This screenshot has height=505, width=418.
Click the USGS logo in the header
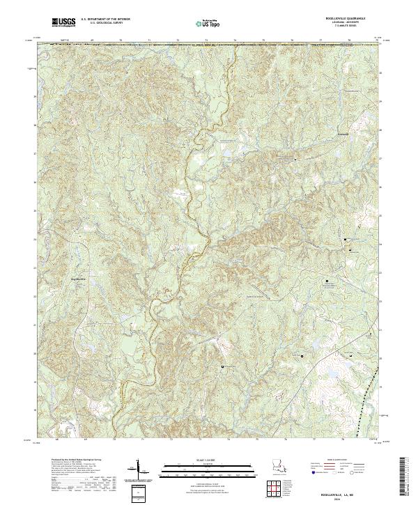65,23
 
